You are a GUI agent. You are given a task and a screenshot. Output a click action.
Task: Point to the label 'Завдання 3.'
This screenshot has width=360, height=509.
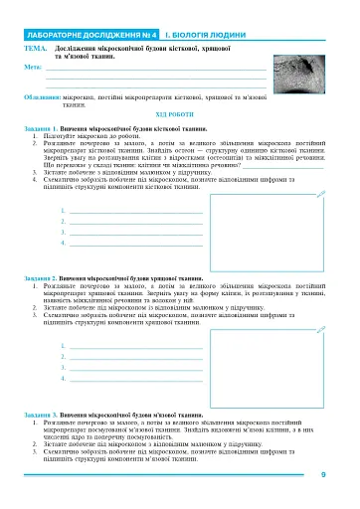42,438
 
